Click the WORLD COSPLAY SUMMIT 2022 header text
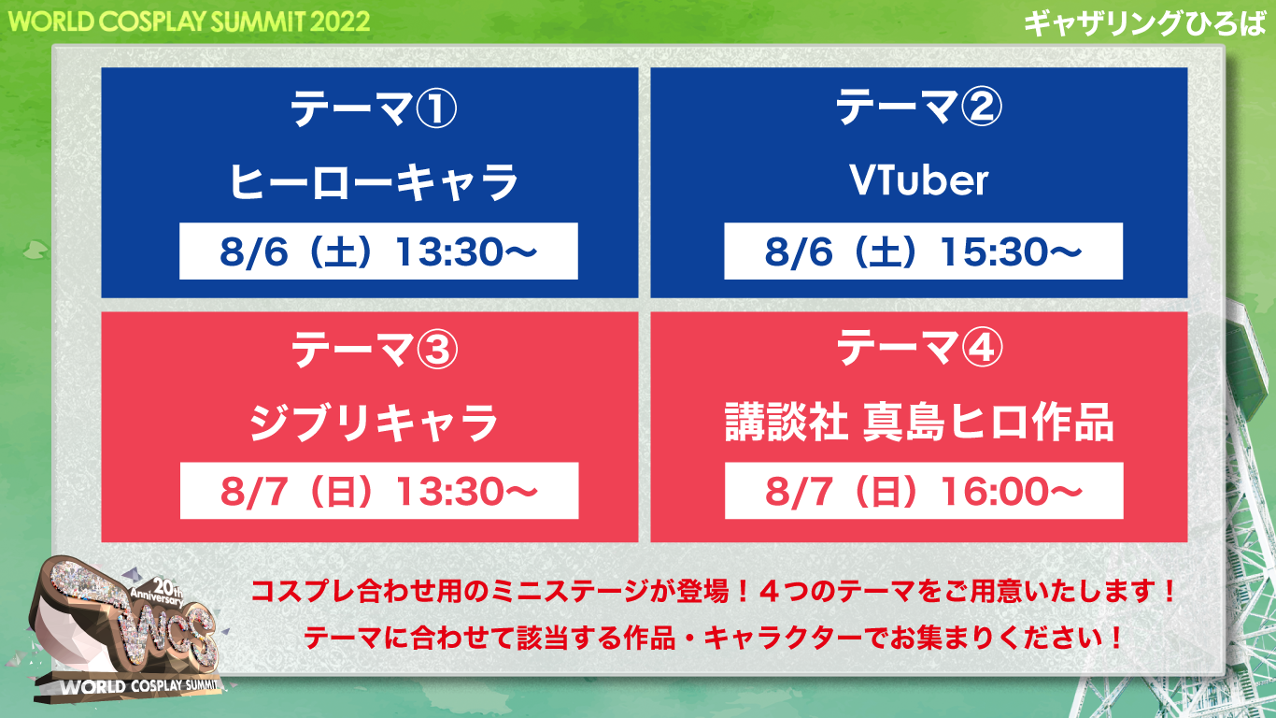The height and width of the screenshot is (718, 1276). [x=189, y=22]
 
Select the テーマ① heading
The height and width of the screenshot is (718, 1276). [x=374, y=108]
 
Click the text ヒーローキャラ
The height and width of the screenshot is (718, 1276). [x=374, y=182]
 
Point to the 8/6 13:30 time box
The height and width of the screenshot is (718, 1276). [x=378, y=251]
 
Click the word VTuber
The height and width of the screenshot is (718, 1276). [x=918, y=180]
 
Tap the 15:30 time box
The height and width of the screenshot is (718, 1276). [x=924, y=251]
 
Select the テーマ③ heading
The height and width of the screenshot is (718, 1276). [x=375, y=349]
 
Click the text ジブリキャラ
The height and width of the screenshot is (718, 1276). [x=374, y=423]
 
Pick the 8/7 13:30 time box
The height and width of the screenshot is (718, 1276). [x=379, y=491]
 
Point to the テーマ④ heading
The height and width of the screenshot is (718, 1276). [x=919, y=347]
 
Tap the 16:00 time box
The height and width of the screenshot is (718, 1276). [x=924, y=491]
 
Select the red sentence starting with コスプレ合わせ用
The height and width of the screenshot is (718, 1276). [x=713, y=592]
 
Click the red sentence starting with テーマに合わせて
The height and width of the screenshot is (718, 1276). [x=713, y=638]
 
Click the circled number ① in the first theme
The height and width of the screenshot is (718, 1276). [x=436, y=108]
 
